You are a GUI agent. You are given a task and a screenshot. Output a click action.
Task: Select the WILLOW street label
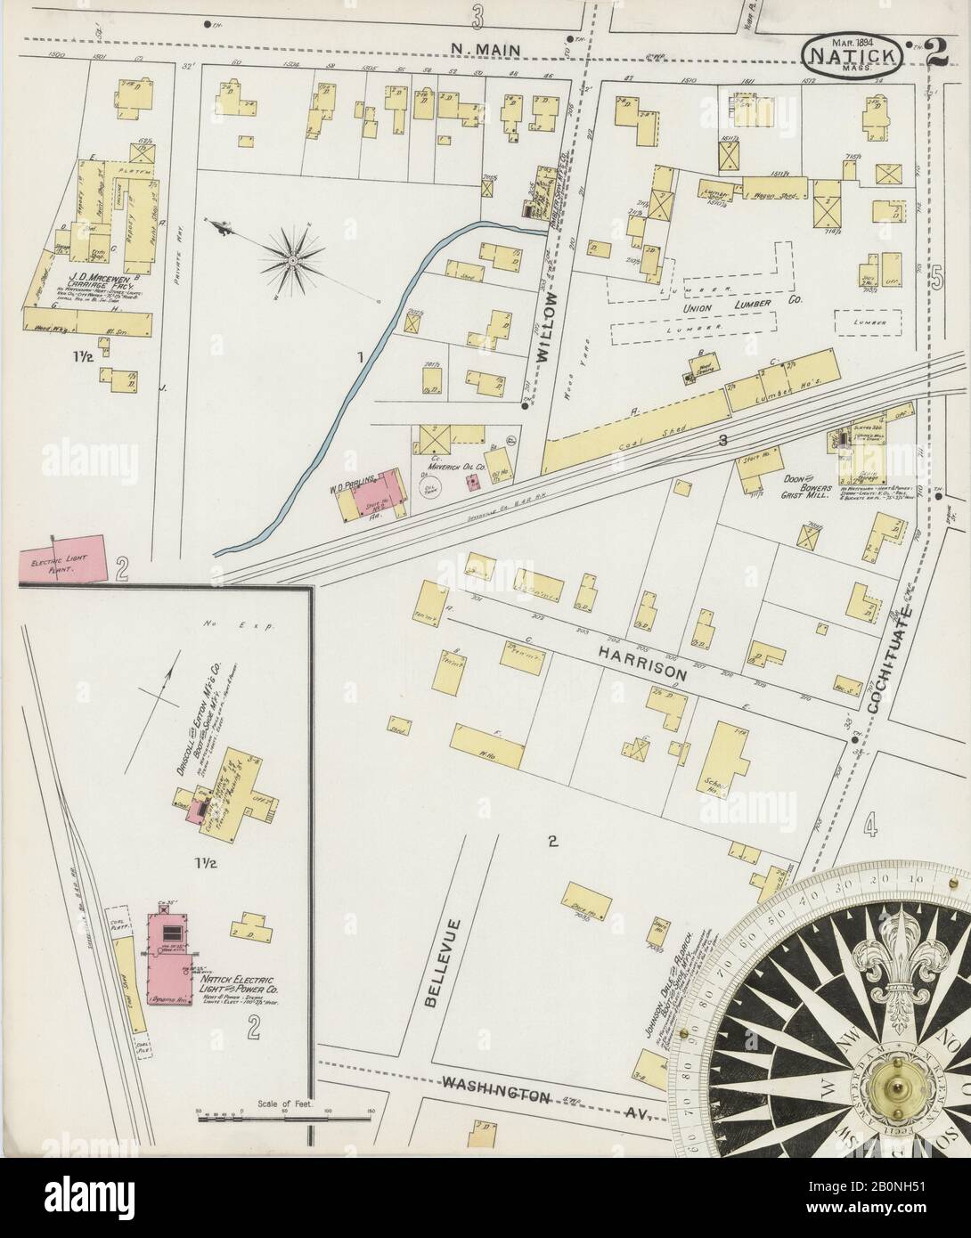click(544, 325)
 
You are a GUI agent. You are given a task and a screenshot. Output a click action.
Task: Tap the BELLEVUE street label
click(434, 973)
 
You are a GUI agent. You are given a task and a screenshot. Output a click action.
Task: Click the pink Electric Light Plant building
click(62, 561)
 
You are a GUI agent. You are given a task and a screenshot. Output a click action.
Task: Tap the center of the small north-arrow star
click(291, 259)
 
